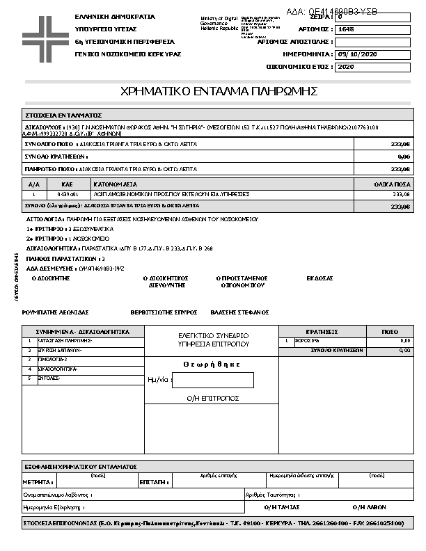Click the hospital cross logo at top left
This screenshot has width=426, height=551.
coord(43,35)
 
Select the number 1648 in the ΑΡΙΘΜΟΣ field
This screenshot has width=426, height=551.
coord(346,29)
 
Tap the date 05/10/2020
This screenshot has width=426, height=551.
coord(356,54)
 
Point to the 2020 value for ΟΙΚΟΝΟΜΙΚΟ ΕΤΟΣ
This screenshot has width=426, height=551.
coord(346,67)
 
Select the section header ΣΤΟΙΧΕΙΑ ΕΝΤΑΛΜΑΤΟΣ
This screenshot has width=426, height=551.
coord(64,115)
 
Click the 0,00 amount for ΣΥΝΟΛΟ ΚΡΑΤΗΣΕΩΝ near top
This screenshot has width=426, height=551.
coord(403,157)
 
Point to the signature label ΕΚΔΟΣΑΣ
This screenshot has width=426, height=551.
coord(319,278)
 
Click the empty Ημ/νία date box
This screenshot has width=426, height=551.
coord(212,381)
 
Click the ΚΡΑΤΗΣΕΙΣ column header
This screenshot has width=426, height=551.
coord(322,332)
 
